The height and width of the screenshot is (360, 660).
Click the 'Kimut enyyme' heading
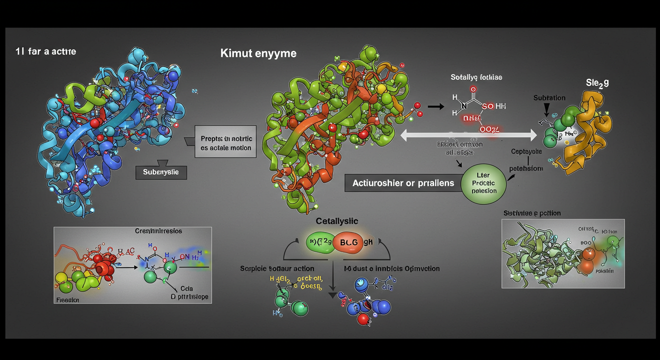(258, 53)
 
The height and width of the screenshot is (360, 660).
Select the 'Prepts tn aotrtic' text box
(226, 143)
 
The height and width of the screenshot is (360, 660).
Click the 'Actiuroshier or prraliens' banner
(403, 183)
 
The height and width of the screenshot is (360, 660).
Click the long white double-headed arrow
(469, 135)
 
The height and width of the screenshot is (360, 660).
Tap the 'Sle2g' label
(597, 83)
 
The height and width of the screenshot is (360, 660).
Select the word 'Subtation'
(549, 98)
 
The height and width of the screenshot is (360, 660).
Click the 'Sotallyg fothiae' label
(476, 77)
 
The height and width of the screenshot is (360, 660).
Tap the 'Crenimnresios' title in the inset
(158, 231)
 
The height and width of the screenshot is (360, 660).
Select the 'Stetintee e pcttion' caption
(532, 213)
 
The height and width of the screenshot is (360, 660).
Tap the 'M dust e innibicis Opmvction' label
(392, 269)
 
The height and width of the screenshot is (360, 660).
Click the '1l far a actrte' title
(45, 51)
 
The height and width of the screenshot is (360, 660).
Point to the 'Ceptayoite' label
(526, 152)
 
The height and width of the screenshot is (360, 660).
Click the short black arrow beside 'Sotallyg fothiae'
(435, 107)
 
